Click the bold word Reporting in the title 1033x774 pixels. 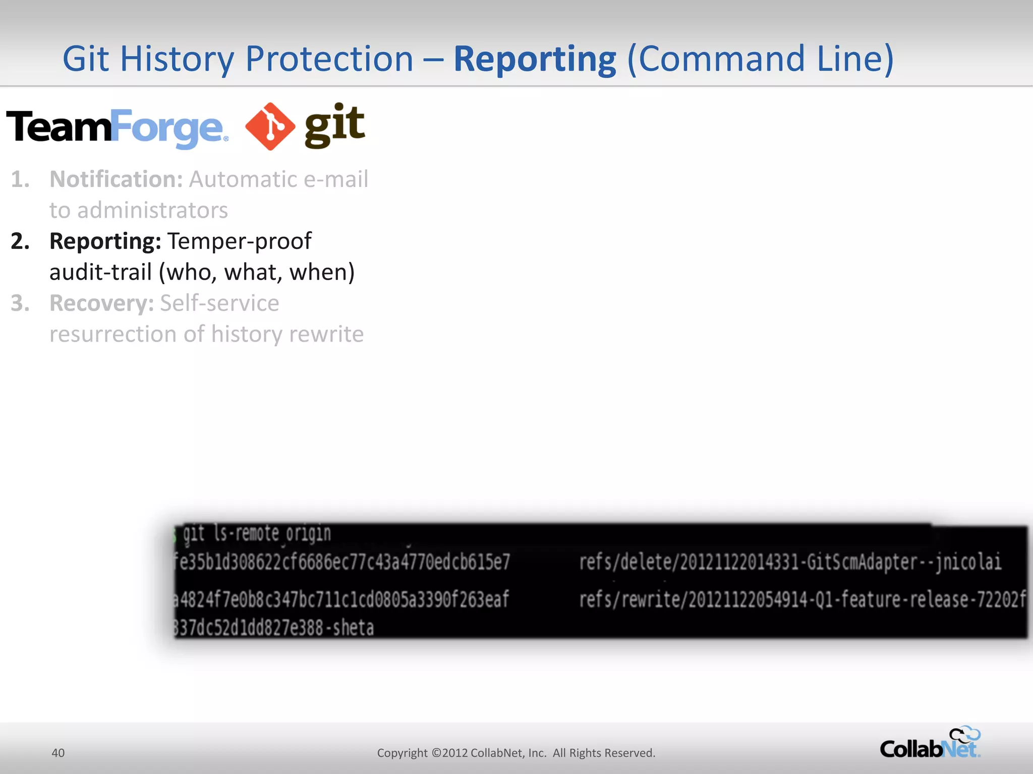[x=535, y=59]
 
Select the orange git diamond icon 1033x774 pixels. [x=270, y=126]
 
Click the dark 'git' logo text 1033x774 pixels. [x=334, y=125]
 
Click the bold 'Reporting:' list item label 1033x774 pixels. [x=105, y=241]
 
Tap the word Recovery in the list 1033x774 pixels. [x=101, y=303]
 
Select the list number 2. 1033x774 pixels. [x=20, y=241]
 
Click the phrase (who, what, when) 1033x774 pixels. [x=257, y=273]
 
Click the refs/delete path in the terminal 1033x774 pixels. [x=790, y=562]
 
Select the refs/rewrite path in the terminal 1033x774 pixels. [x=802, y=600]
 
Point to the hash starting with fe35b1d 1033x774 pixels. [x=342, y=562]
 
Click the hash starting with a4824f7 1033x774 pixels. [x=341, y=600]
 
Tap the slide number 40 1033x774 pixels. [x=58, y=753]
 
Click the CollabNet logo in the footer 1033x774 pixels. [x=930, y=743]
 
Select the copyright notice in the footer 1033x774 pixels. [x=516, y=753]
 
